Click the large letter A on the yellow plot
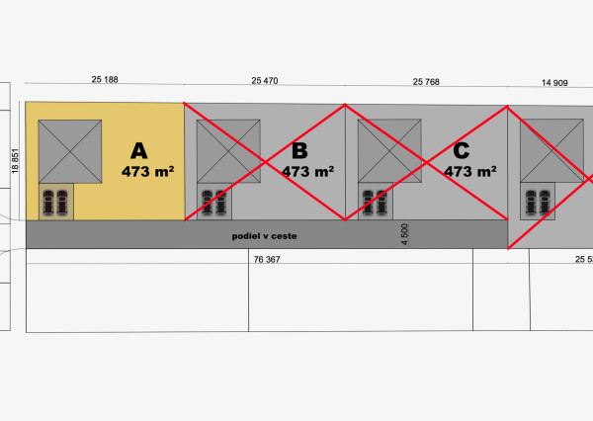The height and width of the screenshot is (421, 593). point(139,151)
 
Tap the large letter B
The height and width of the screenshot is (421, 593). point(299,150)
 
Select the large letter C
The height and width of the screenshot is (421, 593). point(462,150)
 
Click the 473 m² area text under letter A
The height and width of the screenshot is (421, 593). point(148,171)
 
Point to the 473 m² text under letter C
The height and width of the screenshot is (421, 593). point(470,171)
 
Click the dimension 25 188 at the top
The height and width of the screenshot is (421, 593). point(105,79)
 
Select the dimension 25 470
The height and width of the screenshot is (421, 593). point(265,81)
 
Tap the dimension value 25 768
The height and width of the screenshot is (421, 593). point(426,82)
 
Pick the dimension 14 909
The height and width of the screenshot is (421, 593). point(554,83)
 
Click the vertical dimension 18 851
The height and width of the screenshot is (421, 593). point(15,161)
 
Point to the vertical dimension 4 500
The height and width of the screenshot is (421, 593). point(404,234)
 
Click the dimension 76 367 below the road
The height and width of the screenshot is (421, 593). point(267,260)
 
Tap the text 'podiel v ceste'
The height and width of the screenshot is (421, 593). point(264,236)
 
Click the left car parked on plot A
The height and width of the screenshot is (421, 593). point(48,203)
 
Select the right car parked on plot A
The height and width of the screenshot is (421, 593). point(62,203)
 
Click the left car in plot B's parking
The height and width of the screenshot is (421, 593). point(207,203)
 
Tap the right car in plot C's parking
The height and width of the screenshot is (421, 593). point(381,203)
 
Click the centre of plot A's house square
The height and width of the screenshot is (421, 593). point(70,151)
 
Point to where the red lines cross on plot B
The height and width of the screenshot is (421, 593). point(265,162)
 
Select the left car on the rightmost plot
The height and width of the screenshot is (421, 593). point(531,203)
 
